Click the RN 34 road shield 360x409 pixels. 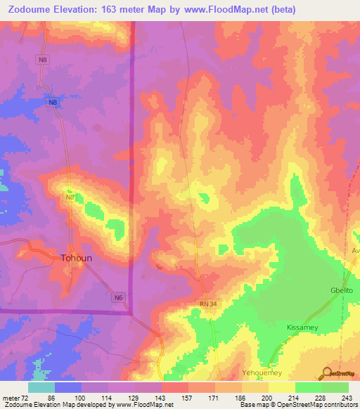point(203,303)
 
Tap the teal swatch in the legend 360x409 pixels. point(41,387)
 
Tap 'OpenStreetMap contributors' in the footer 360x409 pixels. point(321,405)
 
